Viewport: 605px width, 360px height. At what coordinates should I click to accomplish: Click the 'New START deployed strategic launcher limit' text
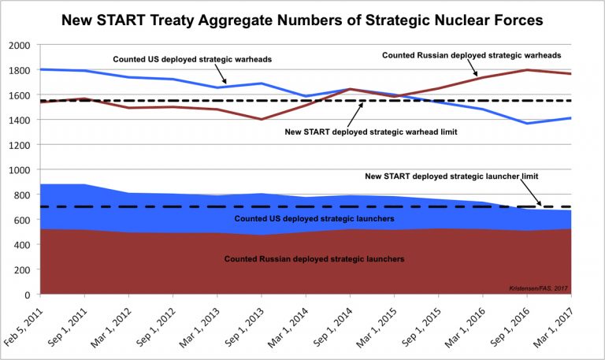click(x=450, y=175)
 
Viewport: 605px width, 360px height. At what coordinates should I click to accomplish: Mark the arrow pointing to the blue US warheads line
click(x=222, y=76)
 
